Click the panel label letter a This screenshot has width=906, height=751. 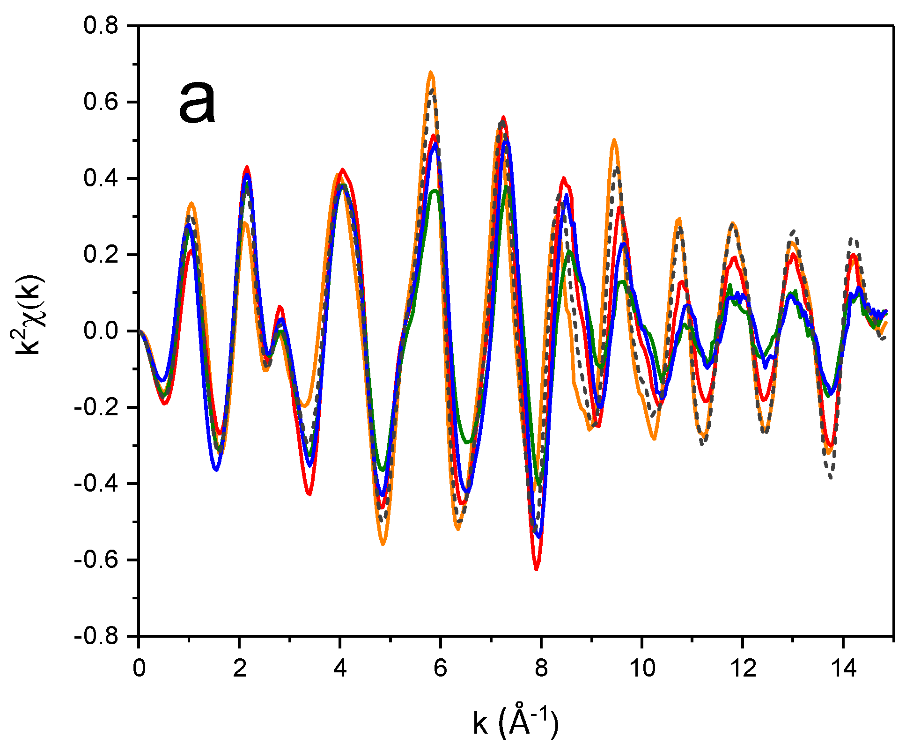pos(198,103)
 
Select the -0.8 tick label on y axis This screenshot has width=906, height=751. pos(96,636)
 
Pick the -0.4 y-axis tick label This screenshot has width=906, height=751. pos(96,484)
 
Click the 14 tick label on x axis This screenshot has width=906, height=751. pos(843,668)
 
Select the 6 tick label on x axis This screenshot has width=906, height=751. pos(440,668)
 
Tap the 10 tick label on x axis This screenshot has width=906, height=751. pos(642,668)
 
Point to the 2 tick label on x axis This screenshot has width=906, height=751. pos(239,668)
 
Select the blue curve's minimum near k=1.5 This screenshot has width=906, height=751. pos(216,470)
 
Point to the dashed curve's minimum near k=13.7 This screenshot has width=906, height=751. pos(831,478)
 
